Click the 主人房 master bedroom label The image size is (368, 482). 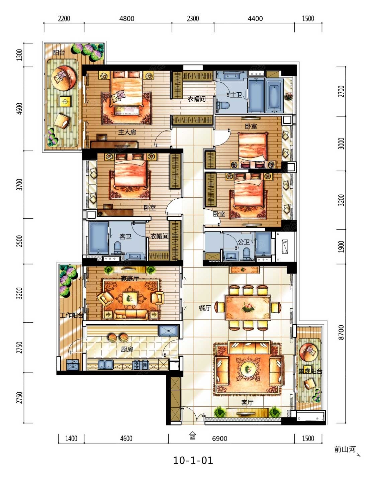coord(127,132)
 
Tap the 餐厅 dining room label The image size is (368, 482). coord(205,308)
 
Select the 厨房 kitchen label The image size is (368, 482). coord(127,349)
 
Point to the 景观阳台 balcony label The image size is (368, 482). coord(310,371)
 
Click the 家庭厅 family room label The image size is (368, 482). coord(130,278)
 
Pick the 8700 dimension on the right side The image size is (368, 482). coord(341,332)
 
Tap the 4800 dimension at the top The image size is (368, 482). coord(127,19)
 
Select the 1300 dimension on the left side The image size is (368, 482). coord(19,55)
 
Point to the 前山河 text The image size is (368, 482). coord(345,449)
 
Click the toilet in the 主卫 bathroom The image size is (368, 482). coord(223,106)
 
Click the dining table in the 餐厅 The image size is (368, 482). coord(248,307)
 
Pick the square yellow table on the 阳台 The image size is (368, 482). coord(65,102)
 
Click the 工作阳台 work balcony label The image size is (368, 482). coord(72,315)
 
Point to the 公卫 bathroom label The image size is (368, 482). coord(244,242)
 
